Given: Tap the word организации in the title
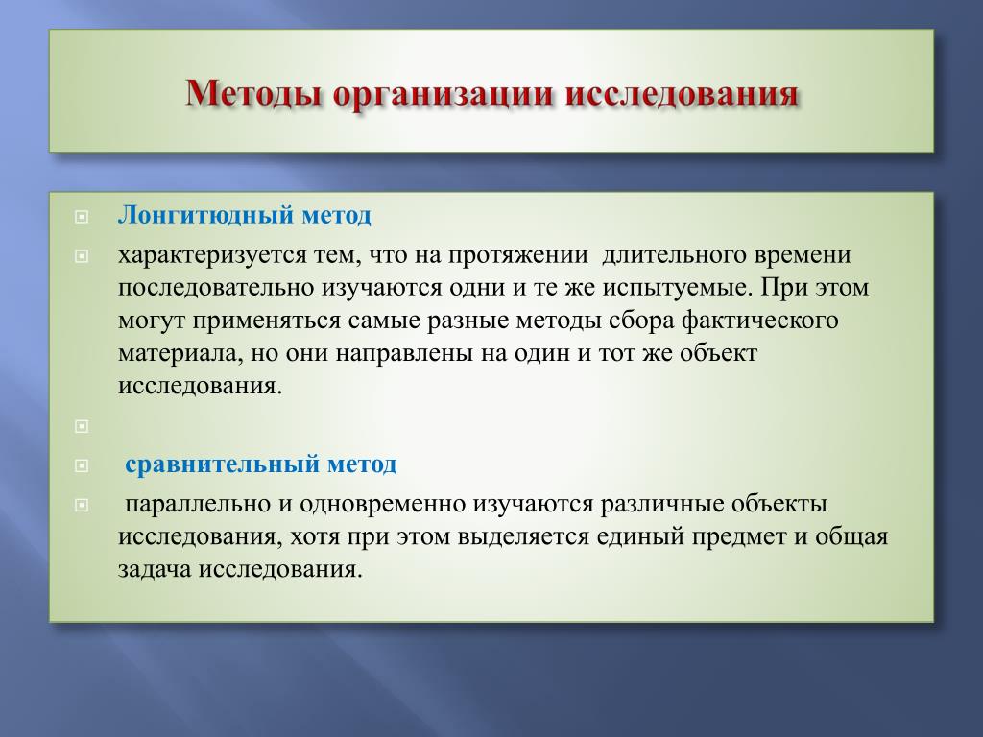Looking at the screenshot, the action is (x=444, y=95).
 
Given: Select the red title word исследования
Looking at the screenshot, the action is (x=682, y=95).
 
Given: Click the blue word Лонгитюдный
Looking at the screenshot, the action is (x=206, y=215).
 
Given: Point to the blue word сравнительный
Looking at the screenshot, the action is (x=223, y=465).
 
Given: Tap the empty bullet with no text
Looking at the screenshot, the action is (x=82, y=427).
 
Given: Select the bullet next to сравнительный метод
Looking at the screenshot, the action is (x=82, y=466).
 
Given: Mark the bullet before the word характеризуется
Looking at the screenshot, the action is (x=82, y=256).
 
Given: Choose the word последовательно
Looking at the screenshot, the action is (x=216, y=288).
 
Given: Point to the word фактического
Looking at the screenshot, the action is (x=760, y=321).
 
